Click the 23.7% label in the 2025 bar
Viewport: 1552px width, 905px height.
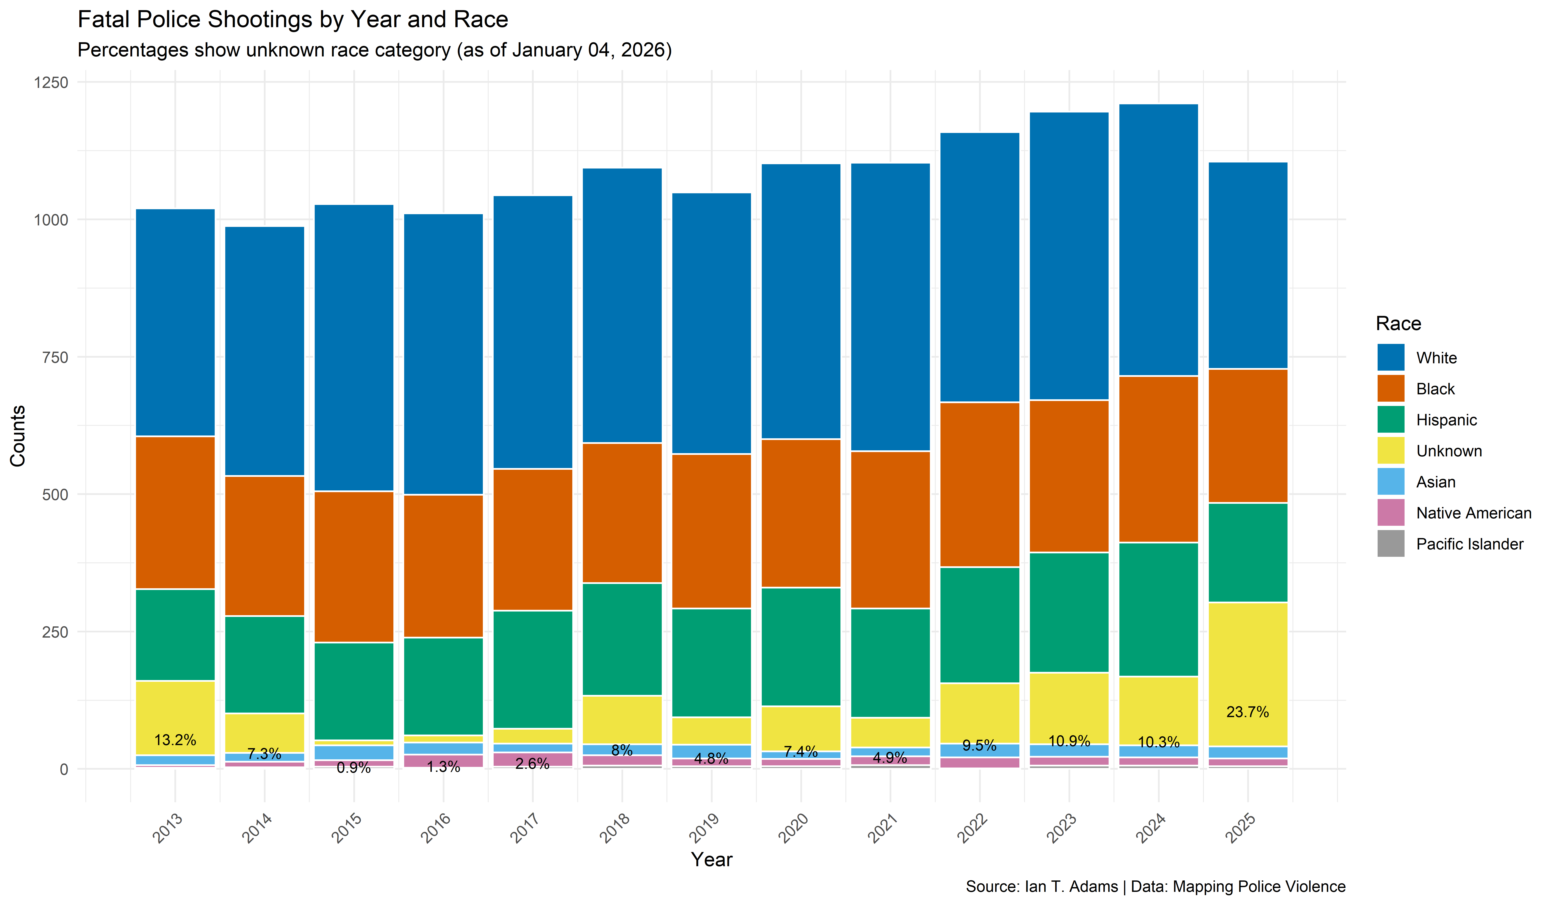pos(1247,712)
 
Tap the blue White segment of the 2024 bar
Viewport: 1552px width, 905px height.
pos(1158,240)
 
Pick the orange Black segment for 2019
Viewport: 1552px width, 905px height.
pos(711,531)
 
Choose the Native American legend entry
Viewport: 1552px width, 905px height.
pos(1473,513)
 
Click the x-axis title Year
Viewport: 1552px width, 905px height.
pos(711,860)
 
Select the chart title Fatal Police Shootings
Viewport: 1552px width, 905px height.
pos(293,20)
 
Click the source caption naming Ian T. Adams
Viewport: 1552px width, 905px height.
pos(1155,886)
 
